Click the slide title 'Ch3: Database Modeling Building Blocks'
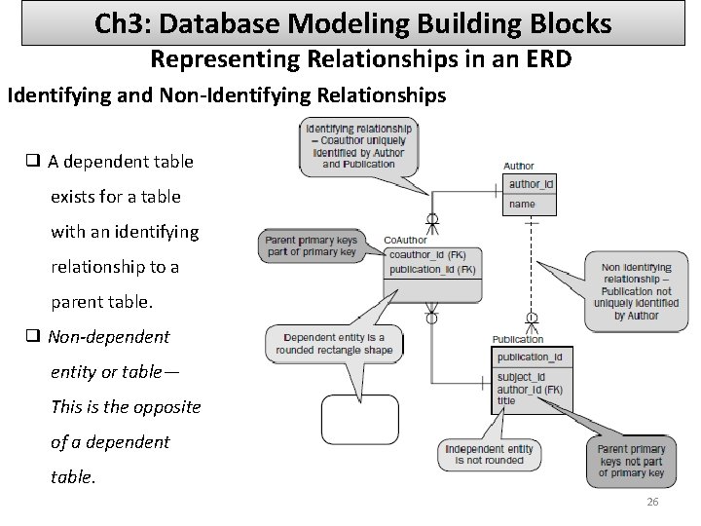point(353,22)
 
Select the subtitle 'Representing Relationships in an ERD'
point(360,59)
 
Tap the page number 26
point(652,502)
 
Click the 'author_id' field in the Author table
point(531,184)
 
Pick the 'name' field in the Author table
point(522,204)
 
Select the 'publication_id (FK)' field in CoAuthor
point(431,269)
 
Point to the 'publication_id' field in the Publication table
point(529,357)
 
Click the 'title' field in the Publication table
point(506,400)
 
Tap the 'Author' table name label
point(519,167)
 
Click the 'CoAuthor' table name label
point(405,240)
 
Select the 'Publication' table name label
point(518,340)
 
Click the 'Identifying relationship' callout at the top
point(358,146)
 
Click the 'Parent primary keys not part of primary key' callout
point(631,460)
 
